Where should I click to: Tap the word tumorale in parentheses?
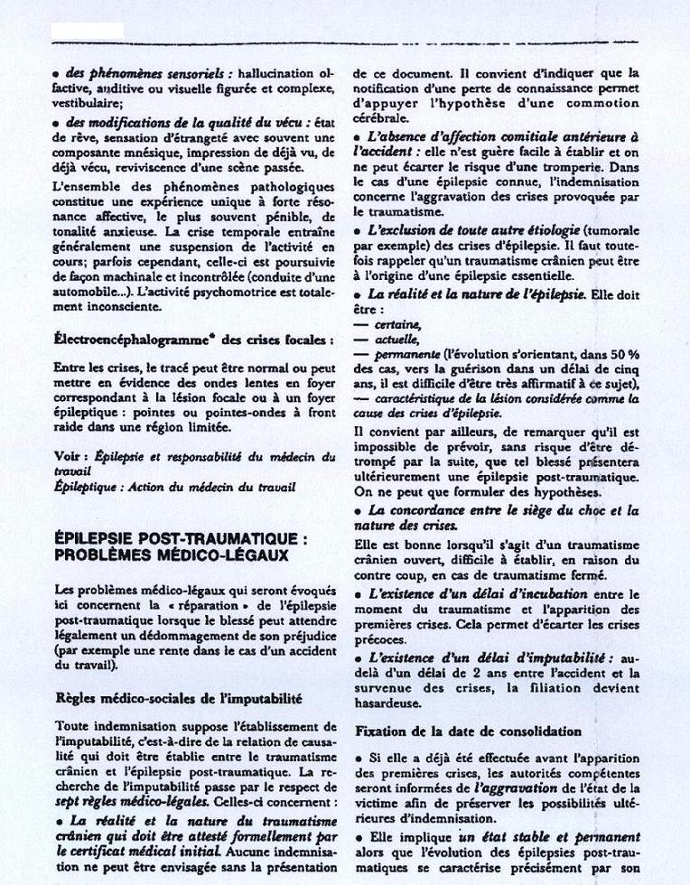coord(612,231)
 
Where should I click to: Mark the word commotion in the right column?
coord(599,104)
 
